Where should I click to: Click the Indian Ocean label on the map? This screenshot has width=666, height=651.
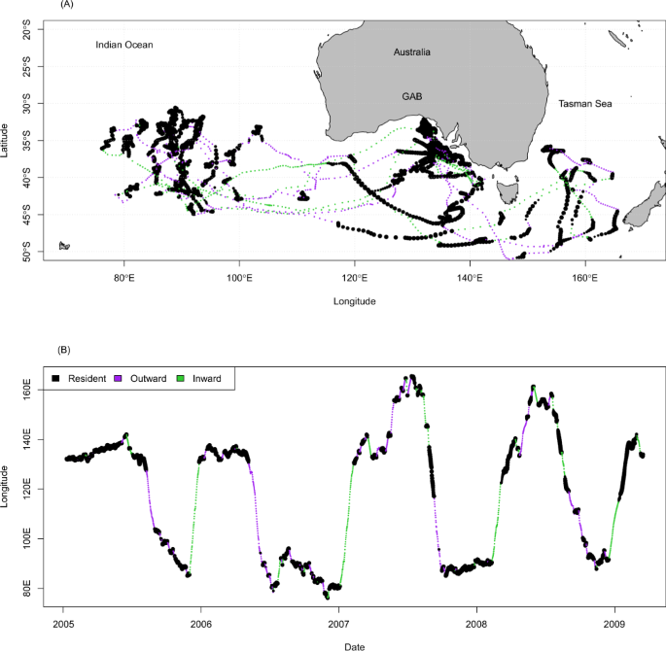[x=124, y=45]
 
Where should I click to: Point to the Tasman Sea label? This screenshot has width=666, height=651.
[x=584, y=103]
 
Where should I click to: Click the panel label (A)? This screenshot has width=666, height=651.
[x=67, y=5]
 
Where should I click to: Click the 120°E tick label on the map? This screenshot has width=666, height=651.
[x=355, y=277]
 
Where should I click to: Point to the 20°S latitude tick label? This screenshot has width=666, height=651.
[x=29, y=31]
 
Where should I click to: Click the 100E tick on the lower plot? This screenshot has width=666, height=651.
[x=32, y=538]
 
